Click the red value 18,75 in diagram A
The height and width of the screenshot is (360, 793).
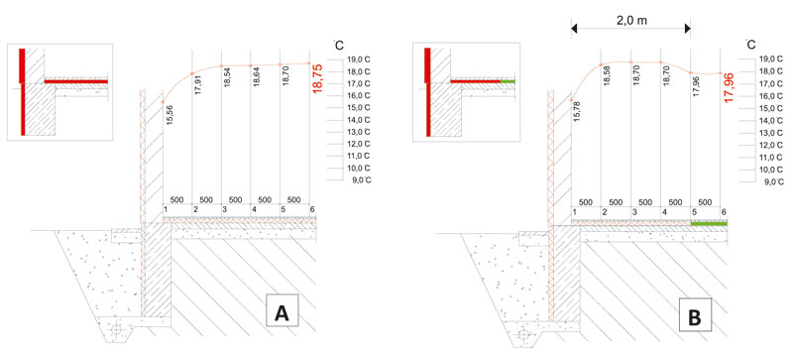pyautogui.click(x=317, y=77)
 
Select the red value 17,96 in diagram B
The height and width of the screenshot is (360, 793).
pyautogui.click(x=729, y=87)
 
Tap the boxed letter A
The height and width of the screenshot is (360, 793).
pyautogui.click(x=282, y=314)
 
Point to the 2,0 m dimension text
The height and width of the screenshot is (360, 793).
pyautogui.click(x=630, y=20)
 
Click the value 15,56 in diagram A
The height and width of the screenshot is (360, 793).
pyautogui.click(x=169, y=115)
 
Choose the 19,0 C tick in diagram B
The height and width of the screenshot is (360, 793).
pyautogui.click(x=770, y=60)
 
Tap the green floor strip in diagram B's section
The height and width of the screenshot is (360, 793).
pyautogui.click(x=709, y=223)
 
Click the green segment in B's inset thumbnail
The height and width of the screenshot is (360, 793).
pyautogui.click(x=508, y=81)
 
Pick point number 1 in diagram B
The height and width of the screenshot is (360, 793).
pyautogui.click(x=575, y=211)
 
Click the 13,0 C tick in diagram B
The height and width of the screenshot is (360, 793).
pyautogui.click(x=770, y=133)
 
